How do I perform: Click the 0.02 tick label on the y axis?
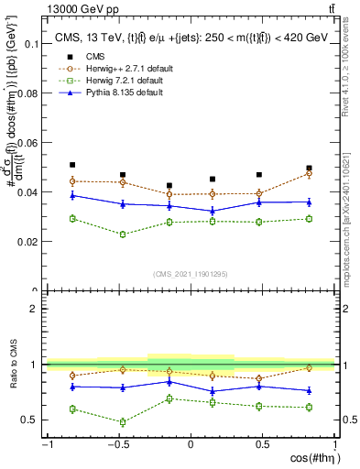(x=27, y=242)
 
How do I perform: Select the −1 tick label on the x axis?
(x=45, y=444)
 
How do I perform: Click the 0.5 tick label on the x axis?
(x=262, y=444)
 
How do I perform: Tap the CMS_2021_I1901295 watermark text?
(x=190, y=274)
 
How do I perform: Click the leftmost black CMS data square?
(x=72, y=165)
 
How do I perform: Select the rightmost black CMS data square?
(x=309, y=169)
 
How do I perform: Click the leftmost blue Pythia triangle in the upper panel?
(x=72, y=195)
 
